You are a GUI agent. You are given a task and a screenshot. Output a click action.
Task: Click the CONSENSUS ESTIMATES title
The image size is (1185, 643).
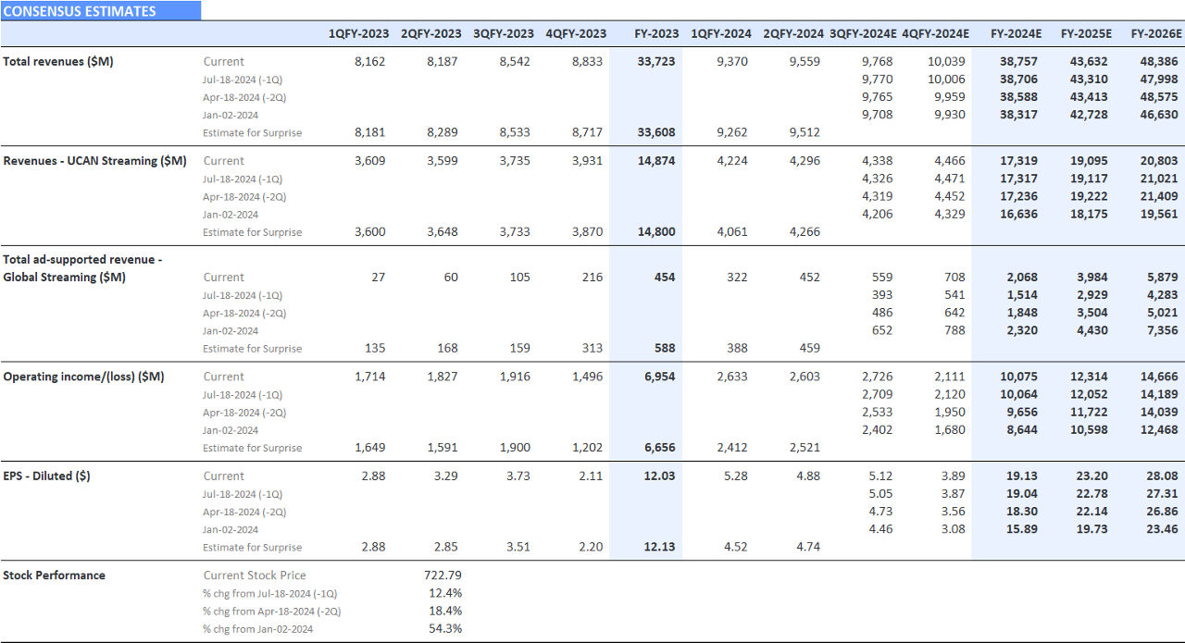point(80,11)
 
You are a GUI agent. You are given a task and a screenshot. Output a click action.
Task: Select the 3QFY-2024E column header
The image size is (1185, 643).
point(863,33)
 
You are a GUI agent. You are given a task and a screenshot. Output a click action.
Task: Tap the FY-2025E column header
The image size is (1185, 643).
point(1086,33)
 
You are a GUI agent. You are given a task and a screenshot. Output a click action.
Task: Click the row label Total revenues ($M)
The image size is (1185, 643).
point(58,61)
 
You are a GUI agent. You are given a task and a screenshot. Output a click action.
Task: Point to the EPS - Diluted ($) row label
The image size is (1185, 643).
point(46,476)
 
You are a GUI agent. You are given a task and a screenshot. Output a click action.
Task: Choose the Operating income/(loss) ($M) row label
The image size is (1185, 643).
point(83,377)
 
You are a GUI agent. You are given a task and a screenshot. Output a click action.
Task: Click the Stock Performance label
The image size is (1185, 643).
point(54,575)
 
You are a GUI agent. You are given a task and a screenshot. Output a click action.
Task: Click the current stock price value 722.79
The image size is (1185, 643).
point(443,575)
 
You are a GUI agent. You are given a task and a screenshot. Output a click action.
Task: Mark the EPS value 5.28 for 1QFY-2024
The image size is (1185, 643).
point(737,476)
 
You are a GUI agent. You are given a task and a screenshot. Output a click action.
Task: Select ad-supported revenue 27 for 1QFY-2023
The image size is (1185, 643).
point(378,277)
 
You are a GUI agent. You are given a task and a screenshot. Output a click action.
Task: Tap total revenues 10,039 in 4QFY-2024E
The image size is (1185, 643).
point(945,61)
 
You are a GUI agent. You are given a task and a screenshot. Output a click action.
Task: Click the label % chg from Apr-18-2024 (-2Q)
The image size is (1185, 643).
point(244,611)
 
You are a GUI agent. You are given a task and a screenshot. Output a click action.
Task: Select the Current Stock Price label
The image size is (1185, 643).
point(254,575)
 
